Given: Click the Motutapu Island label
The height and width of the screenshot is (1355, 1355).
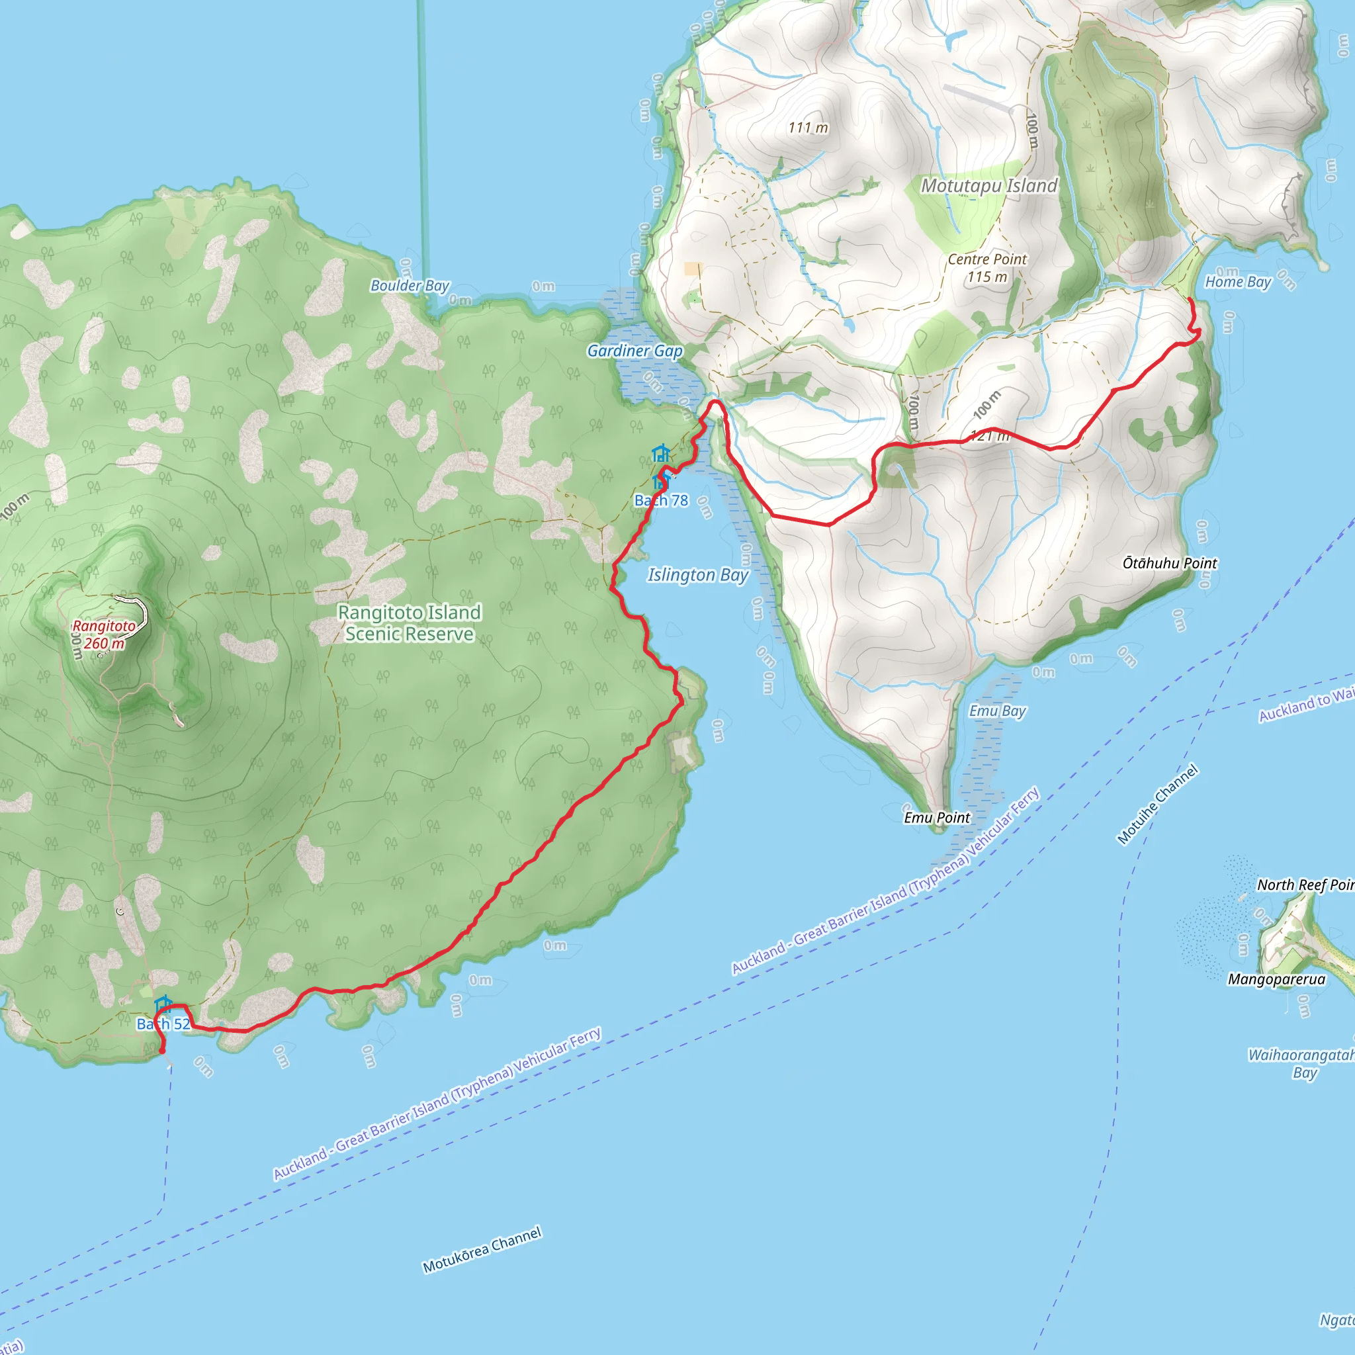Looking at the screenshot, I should pos(988,186).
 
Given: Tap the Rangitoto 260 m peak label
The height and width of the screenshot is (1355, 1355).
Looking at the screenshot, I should pos(104,634).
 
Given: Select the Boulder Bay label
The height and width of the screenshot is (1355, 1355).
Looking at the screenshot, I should pos(410,285).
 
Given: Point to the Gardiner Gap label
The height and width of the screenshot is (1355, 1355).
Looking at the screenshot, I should pos(634,351).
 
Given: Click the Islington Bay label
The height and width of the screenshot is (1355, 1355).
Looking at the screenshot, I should pos(698,575).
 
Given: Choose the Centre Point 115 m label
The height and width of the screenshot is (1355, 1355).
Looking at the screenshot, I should pos(986,268).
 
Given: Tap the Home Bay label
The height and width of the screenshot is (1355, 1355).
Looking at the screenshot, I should pos(1238,282).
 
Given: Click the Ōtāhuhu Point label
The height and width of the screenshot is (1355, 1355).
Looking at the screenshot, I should pos(1169,563).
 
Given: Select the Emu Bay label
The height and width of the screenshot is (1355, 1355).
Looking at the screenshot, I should pos(996,711).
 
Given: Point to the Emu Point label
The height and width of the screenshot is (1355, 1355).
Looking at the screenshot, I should pos(936,818).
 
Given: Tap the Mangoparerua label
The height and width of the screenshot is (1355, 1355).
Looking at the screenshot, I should pos(1276,980).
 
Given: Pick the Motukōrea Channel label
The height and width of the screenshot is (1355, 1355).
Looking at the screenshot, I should pos(482,1249).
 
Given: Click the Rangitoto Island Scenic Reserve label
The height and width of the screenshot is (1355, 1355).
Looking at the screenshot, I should pos(410,623).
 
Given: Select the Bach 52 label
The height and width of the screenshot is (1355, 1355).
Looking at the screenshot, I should pos(163,1025).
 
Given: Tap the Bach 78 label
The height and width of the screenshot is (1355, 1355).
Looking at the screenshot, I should pos(661,501).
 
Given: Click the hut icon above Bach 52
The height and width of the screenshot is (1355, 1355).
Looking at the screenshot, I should pos(163,1004).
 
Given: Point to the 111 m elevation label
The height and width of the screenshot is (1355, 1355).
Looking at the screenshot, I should pos(807,128).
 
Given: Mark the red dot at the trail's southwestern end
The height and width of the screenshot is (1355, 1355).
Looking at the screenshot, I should pos(162,1051).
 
